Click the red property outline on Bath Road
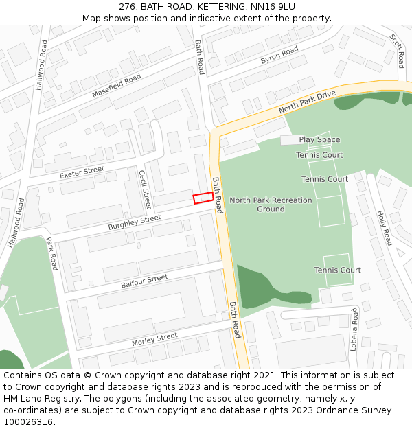pos(203,198)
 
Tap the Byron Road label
pos(279,56)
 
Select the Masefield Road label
pos(116,84)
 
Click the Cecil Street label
pos(144,189)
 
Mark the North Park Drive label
pos(307,102)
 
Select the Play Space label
pos(319,140)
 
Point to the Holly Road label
pos(385,228)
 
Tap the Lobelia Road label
pos(354,329)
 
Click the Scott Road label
pos(398,51)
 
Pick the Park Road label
pos(51,253)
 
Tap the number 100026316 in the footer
pos(29,421)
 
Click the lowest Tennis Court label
pos(337,270)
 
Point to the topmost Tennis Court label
pos(319,156)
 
